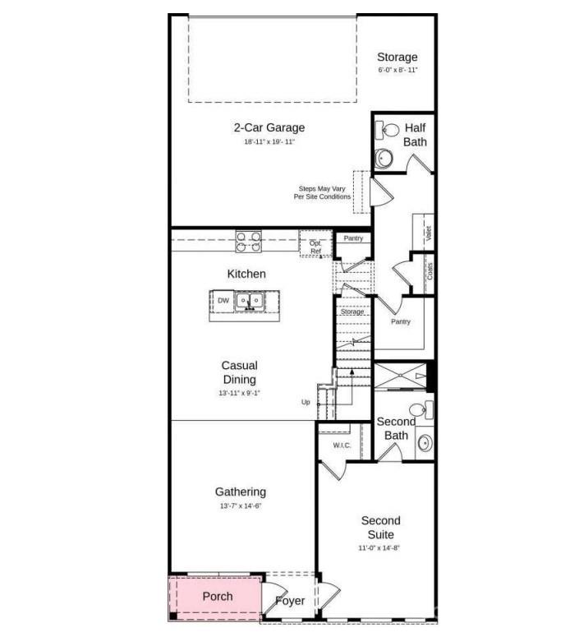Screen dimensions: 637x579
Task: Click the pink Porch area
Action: (215, 597)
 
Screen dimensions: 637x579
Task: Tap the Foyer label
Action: (290, 601)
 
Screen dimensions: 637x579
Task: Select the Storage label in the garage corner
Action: (397, 58)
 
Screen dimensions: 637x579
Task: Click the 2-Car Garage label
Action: (269, 128)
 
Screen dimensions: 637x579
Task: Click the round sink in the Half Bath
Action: (384, 157)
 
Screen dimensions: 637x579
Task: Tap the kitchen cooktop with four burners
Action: (249, 241)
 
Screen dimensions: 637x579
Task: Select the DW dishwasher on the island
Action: (223, 301)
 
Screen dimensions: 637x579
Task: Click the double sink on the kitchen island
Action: (250, 301)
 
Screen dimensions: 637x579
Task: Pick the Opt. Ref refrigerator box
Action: (315, 245)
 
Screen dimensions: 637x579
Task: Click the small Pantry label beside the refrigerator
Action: (353, 238)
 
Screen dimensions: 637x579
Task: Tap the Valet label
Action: (428, 233)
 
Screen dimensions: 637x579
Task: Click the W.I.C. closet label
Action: (342, 446)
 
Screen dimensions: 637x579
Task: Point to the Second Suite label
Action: (381, 527)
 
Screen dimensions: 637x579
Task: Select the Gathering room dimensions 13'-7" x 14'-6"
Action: (241, 506)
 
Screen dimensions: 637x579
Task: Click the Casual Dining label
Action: (239, 372)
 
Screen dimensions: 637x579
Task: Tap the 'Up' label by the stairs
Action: (306, 402)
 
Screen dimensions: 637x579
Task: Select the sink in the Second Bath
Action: (425, 444)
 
